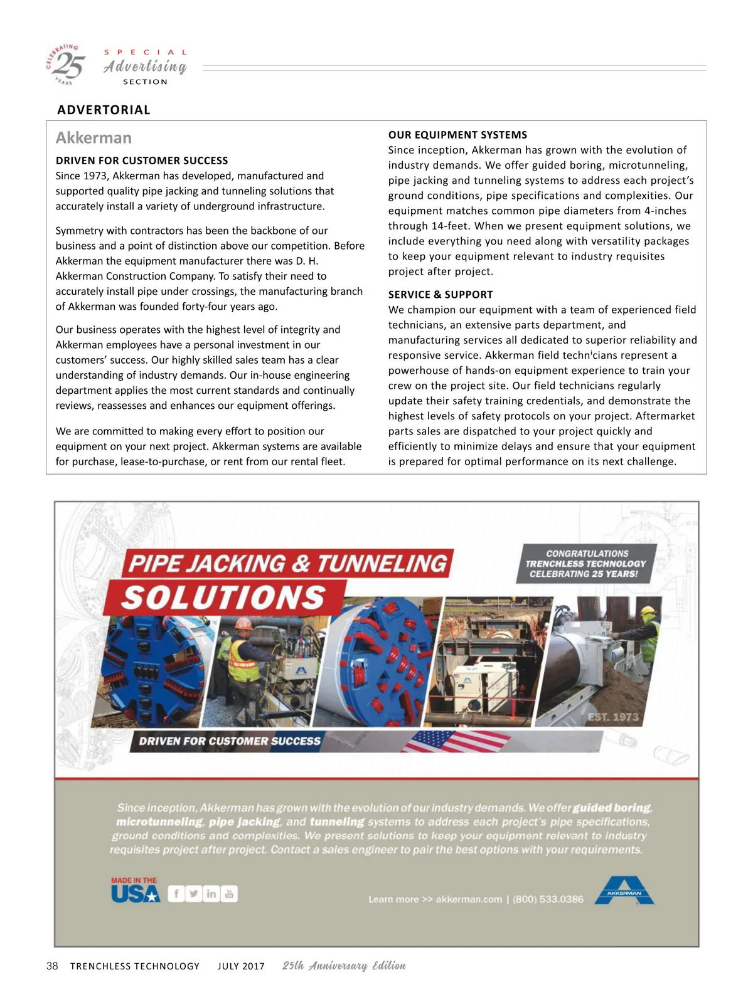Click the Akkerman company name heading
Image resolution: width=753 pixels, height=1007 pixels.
pos(93,138)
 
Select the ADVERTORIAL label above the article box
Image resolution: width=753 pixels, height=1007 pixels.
pos(104,110)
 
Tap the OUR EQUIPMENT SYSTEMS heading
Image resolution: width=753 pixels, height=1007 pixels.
pos(457,135)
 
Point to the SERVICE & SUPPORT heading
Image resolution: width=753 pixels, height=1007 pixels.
pos(441,295)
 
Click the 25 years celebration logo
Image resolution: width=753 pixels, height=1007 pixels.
pos(67,64)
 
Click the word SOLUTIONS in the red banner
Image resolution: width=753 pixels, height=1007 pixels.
pos(223,598)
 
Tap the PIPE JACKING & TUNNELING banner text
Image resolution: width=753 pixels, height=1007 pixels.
pos(288,564)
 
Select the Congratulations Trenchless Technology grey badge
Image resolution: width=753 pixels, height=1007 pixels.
pos(586,564)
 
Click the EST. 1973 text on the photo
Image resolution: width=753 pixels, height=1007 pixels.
pos(612,717)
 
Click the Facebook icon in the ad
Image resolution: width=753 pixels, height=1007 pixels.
pos(176,894)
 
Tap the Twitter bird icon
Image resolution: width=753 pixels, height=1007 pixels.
pos(194,894)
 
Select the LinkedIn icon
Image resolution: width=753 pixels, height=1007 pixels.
pos(211,894)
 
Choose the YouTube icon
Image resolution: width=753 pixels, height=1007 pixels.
pos(229,894)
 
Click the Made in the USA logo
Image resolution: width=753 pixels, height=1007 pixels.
pos(135,890)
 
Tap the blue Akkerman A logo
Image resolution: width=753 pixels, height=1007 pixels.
pos(624,890)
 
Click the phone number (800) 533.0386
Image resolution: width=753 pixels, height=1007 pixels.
pos(548,899)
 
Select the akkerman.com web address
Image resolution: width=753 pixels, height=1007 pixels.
pos(469,899)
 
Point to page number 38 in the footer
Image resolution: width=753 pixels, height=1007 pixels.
pos(52,966)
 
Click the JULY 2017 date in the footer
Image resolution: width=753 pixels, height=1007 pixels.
pos(241,966)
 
